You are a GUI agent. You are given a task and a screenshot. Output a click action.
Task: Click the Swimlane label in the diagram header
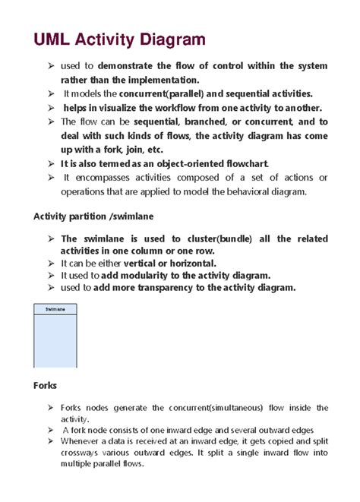click(55, 310)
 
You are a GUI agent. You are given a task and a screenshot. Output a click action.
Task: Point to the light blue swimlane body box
click(55, 342)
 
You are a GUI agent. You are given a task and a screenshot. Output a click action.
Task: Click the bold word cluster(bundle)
click(218, 238)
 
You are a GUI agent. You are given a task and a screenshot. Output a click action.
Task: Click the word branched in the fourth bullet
click(195, 122)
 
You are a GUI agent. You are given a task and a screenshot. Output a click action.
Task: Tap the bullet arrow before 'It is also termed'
click(51, 163)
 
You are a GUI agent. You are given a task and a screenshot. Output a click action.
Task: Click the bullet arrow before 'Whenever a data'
click(51, 441)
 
